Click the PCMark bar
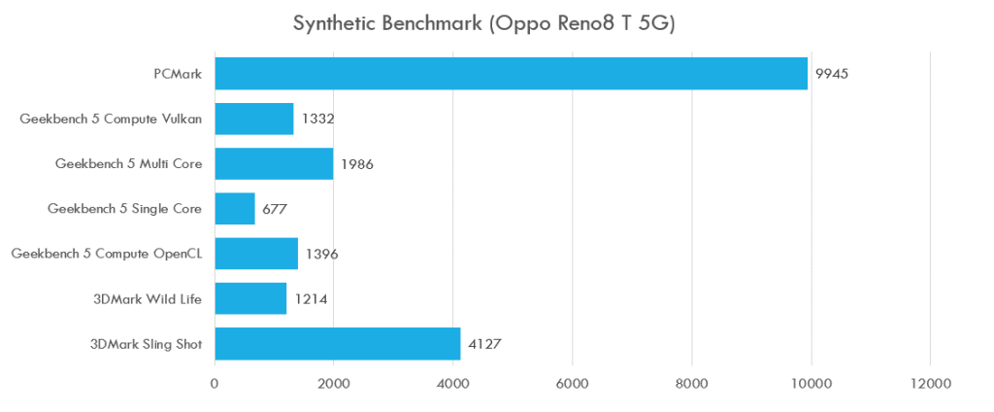pyautogui.click(x=511, y=74)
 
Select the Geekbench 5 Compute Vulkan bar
pyautogui.click(x=253, y=119)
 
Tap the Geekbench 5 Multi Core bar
pyautogui.click(x=274, y=163)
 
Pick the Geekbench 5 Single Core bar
pyautogui.click(x=234, y=208)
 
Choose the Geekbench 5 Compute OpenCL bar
pyautogui.click(x=255, y=254)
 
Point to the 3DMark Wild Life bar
pyautogui.click(x=250, y=298)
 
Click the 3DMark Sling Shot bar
pyautogui.click(x=337, y=343)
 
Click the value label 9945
pyautogui.click(x=833, y=74)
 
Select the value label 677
pyautogui.click(x=276, y=209)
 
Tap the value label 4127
pyautogui.click(x=485, y=343)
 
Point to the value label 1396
pyautogui.click(x=321, y=254)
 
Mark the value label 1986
pyautogui.click(x=357, y=164)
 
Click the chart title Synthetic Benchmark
pyautogui.click(x=483, y=23)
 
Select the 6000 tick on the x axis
pyautogui.click(x=572, y=384)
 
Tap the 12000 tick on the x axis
pyautogui.click(x=930, y=384)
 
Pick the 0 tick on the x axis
pyautogui.click(x=215, y=384)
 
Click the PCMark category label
pyautogui.click(x=178, y=74)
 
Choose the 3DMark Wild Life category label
pyautogui.click(x=148, y=298)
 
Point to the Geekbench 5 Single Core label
pyautogui.click(x=124, y=208)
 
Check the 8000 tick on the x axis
pyautogui.click(x=692, y=384)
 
